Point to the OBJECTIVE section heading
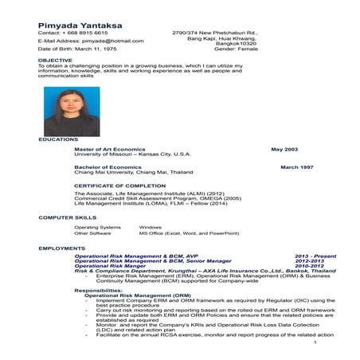coord(55,60)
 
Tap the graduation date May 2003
coord(284,149)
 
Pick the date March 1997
coord(296,166)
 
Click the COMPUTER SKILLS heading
coord(68,217)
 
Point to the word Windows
coord(151,227)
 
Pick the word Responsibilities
coord(99,291)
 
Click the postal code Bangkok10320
coord(240,43)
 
